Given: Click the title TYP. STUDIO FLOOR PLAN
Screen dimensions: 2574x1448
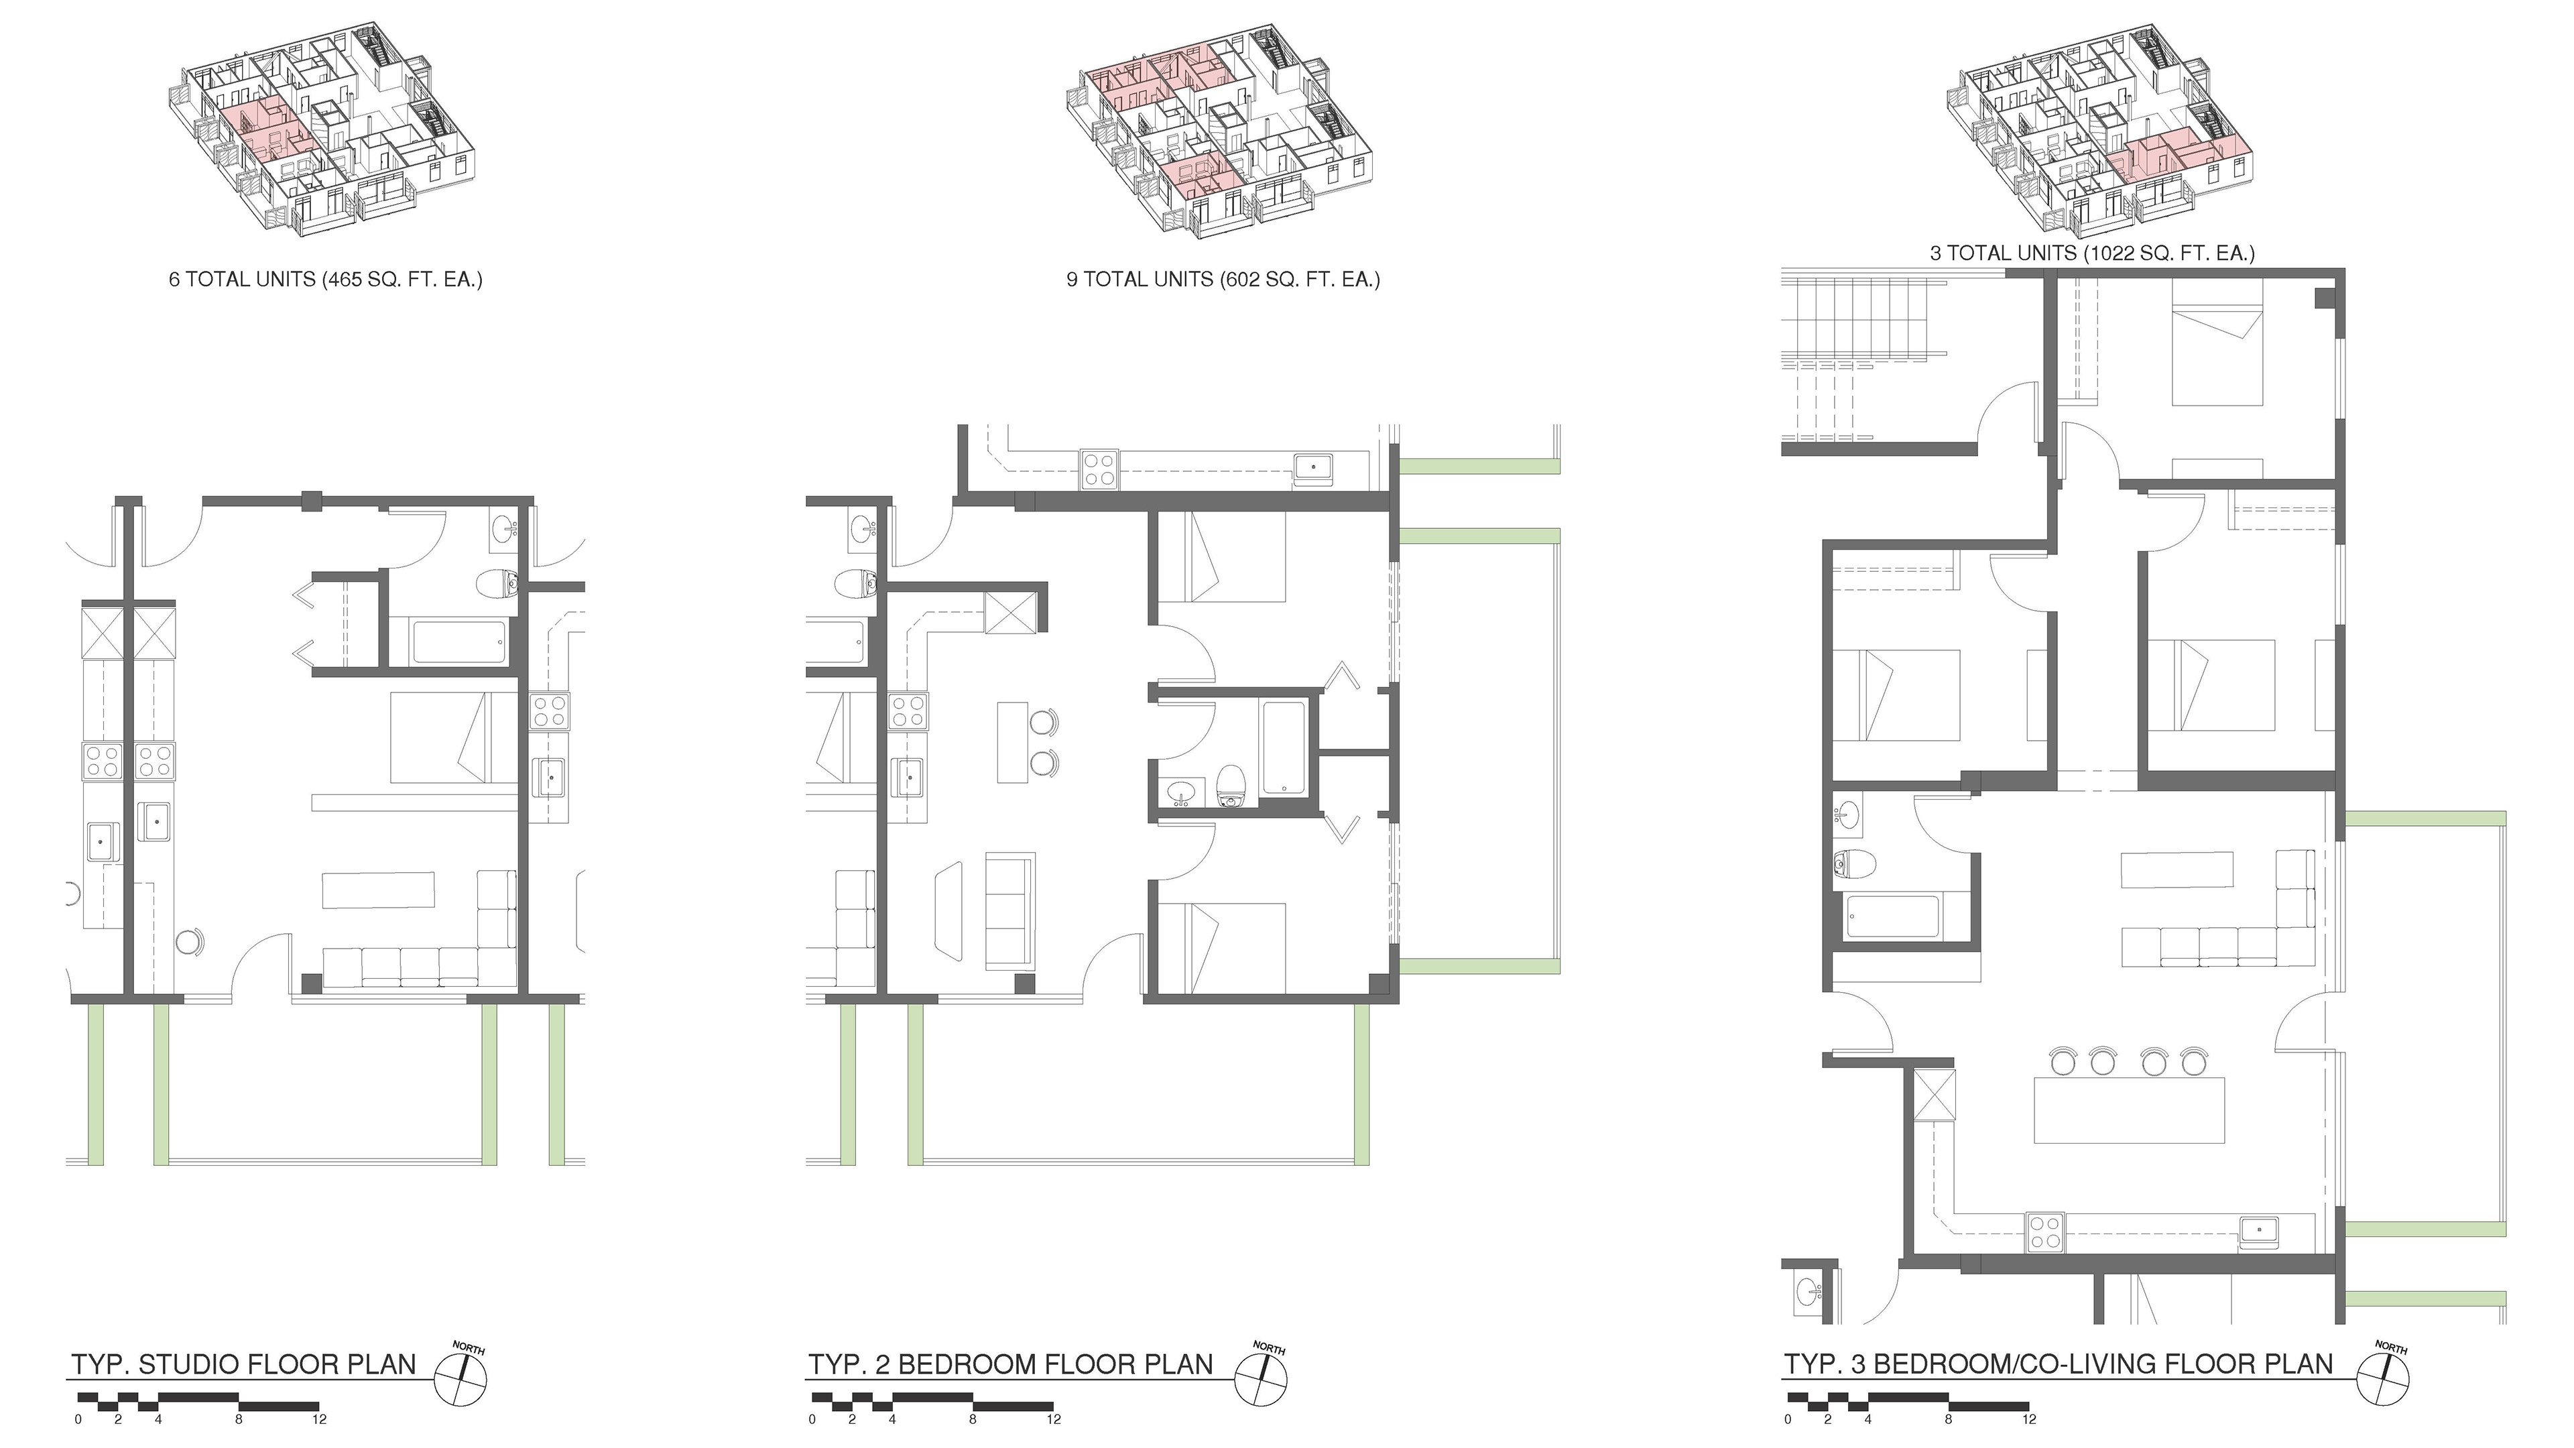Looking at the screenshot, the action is coord(243,1364).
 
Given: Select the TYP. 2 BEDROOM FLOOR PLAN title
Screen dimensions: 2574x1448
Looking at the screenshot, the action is coord(1010,1364).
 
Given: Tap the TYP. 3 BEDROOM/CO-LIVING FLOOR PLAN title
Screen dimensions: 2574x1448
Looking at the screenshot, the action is coord(2059,1364).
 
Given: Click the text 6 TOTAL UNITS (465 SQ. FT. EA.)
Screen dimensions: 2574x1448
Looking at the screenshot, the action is coord(326,280).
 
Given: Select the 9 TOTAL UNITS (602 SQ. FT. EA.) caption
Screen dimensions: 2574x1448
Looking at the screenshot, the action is coord(1223,280).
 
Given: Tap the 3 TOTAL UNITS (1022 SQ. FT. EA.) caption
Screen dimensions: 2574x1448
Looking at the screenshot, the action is coord(2092,254).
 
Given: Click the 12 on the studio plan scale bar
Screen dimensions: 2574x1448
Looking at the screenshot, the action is coord(320,1420).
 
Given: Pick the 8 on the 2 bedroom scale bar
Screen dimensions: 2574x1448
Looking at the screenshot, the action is coord(972,1420).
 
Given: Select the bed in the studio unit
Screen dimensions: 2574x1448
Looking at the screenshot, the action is coord(440,737).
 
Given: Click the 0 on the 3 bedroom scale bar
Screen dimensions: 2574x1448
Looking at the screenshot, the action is coord(1788,1420).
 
